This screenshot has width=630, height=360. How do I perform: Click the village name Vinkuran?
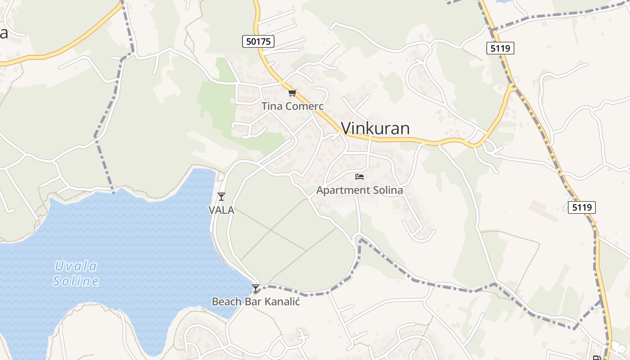click(375, 129)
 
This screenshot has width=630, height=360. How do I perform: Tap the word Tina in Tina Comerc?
click(271, 107)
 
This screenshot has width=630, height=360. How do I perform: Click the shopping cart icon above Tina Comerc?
click(292, 93)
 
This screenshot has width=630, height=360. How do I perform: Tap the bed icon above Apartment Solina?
click(359, 177)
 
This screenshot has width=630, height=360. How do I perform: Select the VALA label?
click(221, 210)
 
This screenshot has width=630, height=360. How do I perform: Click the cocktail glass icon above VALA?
click(221, 196)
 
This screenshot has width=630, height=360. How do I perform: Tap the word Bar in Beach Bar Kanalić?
click(252, 301)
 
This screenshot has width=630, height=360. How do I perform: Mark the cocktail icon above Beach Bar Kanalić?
click(256, 288)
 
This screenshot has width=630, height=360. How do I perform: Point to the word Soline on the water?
click(76, 282)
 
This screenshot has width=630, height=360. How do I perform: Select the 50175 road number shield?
click(258, 42)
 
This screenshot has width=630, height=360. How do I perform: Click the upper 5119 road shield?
click(500, 48)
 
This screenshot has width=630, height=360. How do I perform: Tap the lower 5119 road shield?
click(581, 207)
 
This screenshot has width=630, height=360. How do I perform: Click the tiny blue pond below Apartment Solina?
click(319, 206)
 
